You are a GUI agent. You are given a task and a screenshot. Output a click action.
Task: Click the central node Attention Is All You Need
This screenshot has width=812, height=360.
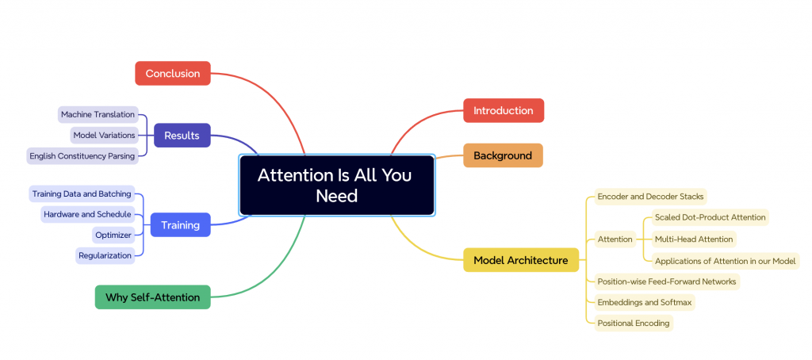click(x=336, y=185)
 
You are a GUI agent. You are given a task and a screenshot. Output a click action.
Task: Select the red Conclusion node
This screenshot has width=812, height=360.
click(x=173, y=73)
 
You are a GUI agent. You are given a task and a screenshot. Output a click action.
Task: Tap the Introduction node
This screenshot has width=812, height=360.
click(x=504, y=110)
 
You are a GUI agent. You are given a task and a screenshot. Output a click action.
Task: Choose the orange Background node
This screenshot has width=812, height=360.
click(x=503, y=155)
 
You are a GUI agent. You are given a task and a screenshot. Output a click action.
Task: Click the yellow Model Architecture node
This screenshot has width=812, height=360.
click(x=521, y=260)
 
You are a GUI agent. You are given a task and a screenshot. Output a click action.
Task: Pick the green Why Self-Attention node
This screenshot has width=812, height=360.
click(x=153, y=297)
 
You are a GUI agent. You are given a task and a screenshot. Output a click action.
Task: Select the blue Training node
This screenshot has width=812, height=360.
click(x=181, y=225)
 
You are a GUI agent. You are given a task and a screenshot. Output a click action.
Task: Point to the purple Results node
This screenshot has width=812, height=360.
click(x=182, y=136)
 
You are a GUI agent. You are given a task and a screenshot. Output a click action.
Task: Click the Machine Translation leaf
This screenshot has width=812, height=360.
click(x=98, y=114)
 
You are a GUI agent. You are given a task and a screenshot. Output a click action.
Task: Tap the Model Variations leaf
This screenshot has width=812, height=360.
click(x=104, y=135)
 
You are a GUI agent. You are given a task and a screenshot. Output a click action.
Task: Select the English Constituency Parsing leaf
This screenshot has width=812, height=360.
click(x=82, y=155)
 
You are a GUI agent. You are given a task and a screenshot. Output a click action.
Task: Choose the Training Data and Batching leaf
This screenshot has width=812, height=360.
click(x=82, y=193)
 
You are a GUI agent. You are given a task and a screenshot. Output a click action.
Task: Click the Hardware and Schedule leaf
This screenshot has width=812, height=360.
click(x=88, y=214)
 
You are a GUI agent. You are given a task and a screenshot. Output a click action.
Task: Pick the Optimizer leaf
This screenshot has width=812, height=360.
click(x=113, y=235)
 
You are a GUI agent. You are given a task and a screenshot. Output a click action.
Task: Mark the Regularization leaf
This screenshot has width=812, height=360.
click(x=105, y=255)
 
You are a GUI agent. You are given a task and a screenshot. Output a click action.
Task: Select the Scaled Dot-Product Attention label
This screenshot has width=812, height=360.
click(x=710, y=217)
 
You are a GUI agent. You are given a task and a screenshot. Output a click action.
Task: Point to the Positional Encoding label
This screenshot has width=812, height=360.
click(x=634, y=323)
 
